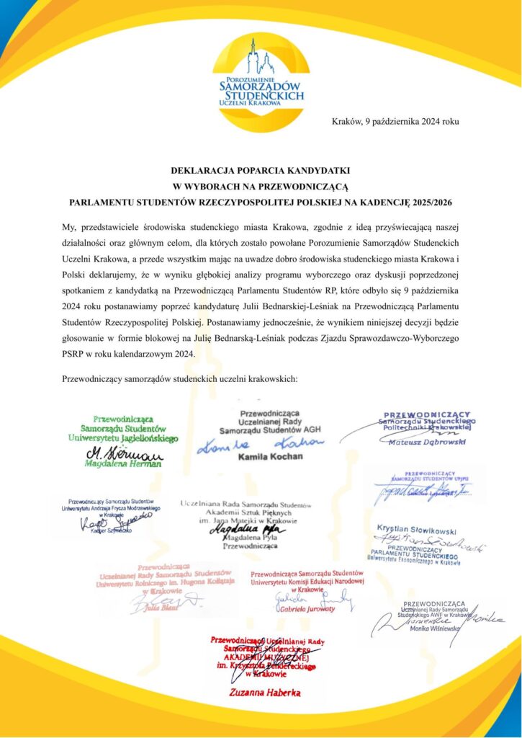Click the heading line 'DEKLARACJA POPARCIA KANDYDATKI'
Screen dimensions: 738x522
pyautogui.click(x=260, y=171)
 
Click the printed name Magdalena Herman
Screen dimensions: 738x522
pyautogui.click(x=125, y=465)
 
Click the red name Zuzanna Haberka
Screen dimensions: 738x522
pyautogui.click(x=260, y=692)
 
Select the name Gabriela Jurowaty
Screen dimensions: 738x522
pyautogui.click(x=305, y=609)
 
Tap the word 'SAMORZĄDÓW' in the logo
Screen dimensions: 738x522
pyautogui.click(x=261, y=85)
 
